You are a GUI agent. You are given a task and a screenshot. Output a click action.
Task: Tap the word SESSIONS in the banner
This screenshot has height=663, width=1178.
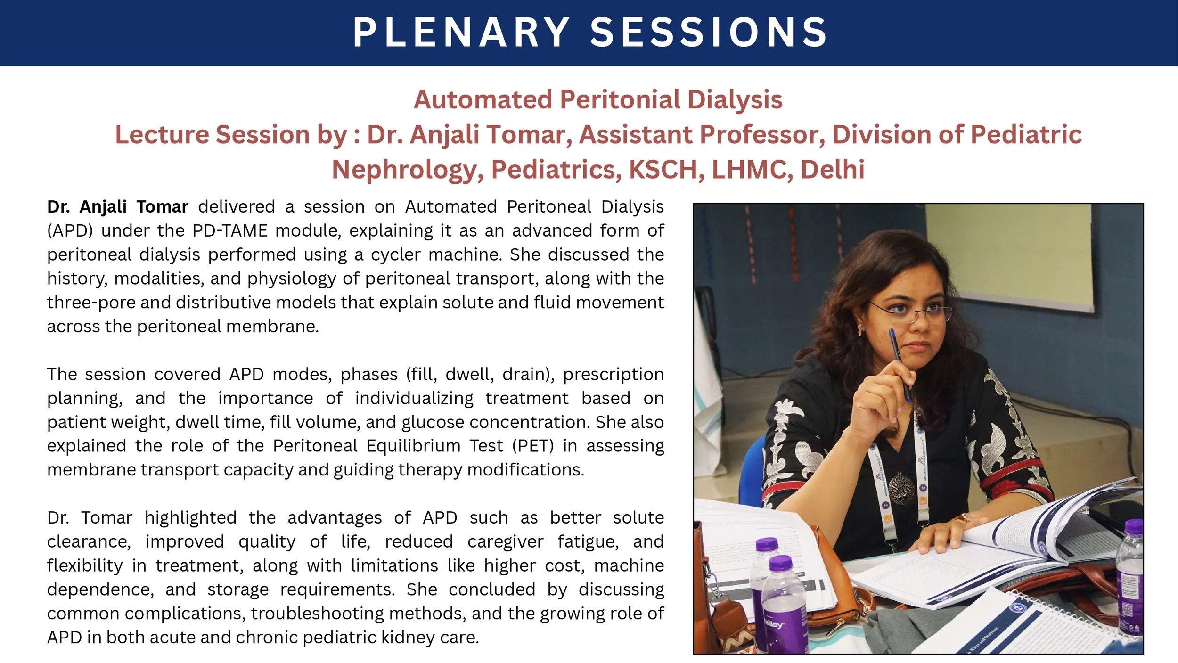pyautogui.click(x=709, y=32)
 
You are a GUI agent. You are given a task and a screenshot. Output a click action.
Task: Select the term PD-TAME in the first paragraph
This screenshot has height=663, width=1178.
pyautogui.click(x=230, y=230)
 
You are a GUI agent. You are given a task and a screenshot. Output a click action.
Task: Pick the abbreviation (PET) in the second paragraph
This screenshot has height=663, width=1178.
pyautogui.click(x=533, y=446)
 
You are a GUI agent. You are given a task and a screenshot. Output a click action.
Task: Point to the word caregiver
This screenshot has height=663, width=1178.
pyautogui.click(x=505, y=542)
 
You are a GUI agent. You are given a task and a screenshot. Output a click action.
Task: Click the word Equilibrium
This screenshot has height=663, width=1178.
pyautogui.click(x=413, y=446)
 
